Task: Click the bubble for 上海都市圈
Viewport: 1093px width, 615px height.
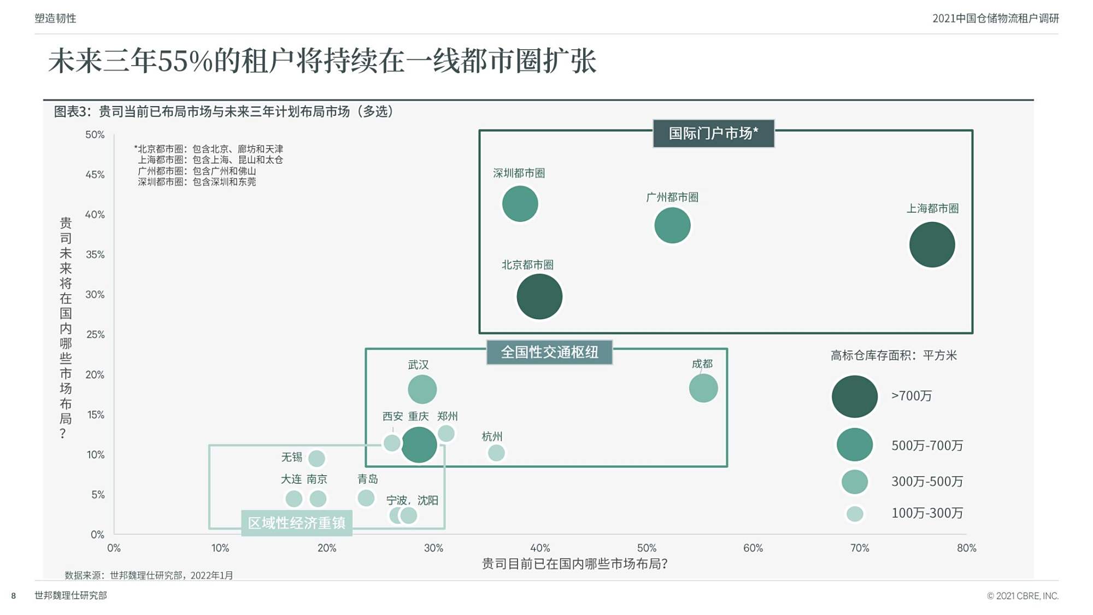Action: (932, 244)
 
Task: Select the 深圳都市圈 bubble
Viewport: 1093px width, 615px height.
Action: (520, 204)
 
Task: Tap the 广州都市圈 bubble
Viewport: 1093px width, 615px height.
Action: (672, 225)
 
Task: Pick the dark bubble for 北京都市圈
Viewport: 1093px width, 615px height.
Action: (539, 296)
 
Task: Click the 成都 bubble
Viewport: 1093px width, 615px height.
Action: (703, 388)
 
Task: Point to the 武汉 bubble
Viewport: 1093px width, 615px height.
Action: (422, 389)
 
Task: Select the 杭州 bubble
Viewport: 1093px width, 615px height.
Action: (496, 453)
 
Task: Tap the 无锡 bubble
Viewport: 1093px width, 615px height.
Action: (316, 458)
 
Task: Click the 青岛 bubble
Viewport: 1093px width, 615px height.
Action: (366, 498)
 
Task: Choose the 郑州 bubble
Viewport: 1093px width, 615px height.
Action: (446, 434)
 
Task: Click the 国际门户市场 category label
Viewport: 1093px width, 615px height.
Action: (714, 133)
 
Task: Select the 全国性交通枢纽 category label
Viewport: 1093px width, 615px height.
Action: (549, 352)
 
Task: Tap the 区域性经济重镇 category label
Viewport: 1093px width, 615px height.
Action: (297, 523)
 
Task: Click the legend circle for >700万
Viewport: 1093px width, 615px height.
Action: (854, 396)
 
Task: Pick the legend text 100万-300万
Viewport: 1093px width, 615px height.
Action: (927, 513)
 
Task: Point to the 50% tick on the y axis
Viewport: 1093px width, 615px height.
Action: (95, 134)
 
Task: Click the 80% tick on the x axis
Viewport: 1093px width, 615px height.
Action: (966, 548)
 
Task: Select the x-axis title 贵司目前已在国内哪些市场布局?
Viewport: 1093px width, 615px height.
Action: (574, 564)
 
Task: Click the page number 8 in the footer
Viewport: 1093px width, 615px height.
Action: (14, 595)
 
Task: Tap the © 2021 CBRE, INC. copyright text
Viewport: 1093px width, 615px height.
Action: (1023, 595)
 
